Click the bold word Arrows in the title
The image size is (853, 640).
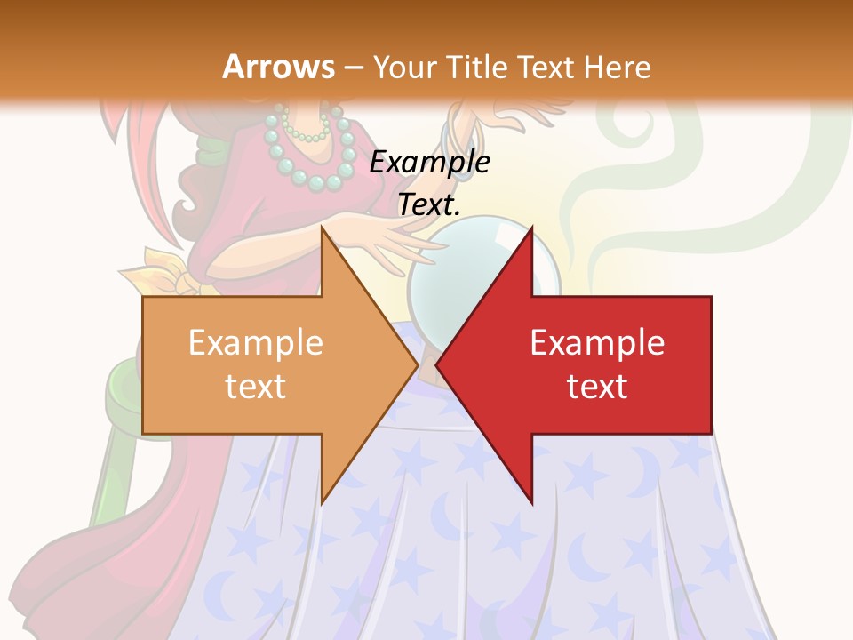(x=277, y=67)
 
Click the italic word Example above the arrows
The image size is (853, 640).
(x=429, y=163)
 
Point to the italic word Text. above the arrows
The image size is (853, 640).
(x=429, y=205)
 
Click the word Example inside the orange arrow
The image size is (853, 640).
(x=256, y=343)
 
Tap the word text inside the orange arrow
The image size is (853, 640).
(x=256, y=387)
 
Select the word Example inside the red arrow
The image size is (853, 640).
(x=597, y=343)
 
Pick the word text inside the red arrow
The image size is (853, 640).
(x=597, y=387)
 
